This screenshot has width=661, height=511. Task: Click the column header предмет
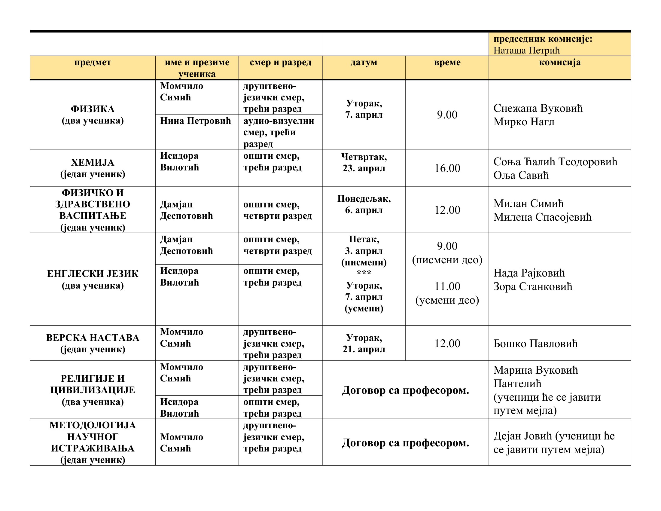pos(93,62)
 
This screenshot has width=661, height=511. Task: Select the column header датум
pos(364,62)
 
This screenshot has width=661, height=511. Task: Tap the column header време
pos(447,62)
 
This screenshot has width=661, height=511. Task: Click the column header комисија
pos(560,62)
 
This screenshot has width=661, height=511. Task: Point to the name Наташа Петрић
pos(526,50)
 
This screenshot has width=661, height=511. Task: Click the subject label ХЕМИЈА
pos(93,163)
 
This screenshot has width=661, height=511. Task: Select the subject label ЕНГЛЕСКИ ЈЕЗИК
pos(93,274)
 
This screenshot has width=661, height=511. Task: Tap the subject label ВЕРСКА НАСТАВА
pos(93,338)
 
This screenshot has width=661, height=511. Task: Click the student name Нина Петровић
pos(195,121)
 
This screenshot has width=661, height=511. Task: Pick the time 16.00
pos(447,168)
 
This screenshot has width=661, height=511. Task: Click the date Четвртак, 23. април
pos(364,162)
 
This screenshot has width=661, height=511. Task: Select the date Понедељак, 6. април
pos(364,204)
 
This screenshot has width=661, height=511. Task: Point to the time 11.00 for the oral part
pos(447,286)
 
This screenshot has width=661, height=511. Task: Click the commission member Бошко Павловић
pos(535,344)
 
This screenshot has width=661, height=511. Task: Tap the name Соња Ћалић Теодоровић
pos(555,162)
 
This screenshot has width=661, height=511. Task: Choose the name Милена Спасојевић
pos(542,217)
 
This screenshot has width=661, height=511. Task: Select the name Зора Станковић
pos(533,286)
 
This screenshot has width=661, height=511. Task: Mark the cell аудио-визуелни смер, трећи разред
pos(279,132)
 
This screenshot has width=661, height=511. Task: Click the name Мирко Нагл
pos(524,122)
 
